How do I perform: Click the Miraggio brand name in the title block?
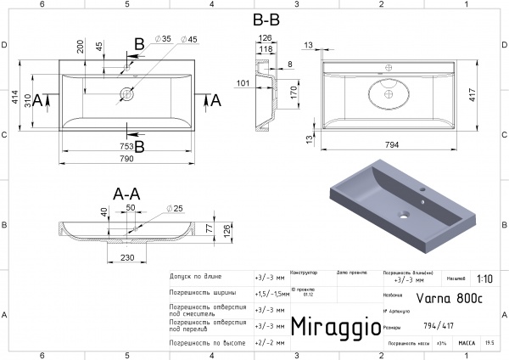[x=330, y=327]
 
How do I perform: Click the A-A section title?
[x=126, y=194]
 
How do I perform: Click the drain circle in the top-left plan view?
[x=126, y=93]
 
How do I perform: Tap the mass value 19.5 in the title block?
[x=489, y=344]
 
